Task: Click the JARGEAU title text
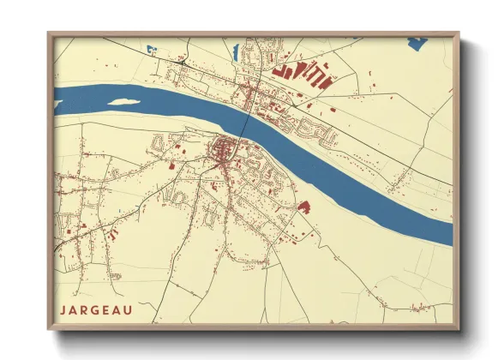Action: point(96,309)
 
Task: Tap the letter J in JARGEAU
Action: point(63,309)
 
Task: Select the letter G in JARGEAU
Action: point(96,309)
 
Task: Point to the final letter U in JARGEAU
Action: point(129,309)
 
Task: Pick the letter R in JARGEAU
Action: point(85,309)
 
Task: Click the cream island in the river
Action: point(123,101)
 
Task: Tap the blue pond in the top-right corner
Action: point(417,40)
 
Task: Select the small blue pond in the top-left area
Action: point(151,48)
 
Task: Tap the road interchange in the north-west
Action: point(182,61)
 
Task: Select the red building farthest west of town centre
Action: point(171,166)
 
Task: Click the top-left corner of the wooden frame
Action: point(48,33)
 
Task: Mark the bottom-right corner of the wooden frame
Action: point(459,328)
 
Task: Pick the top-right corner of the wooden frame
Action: point(459,33)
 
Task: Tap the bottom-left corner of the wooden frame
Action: point(48,328)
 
